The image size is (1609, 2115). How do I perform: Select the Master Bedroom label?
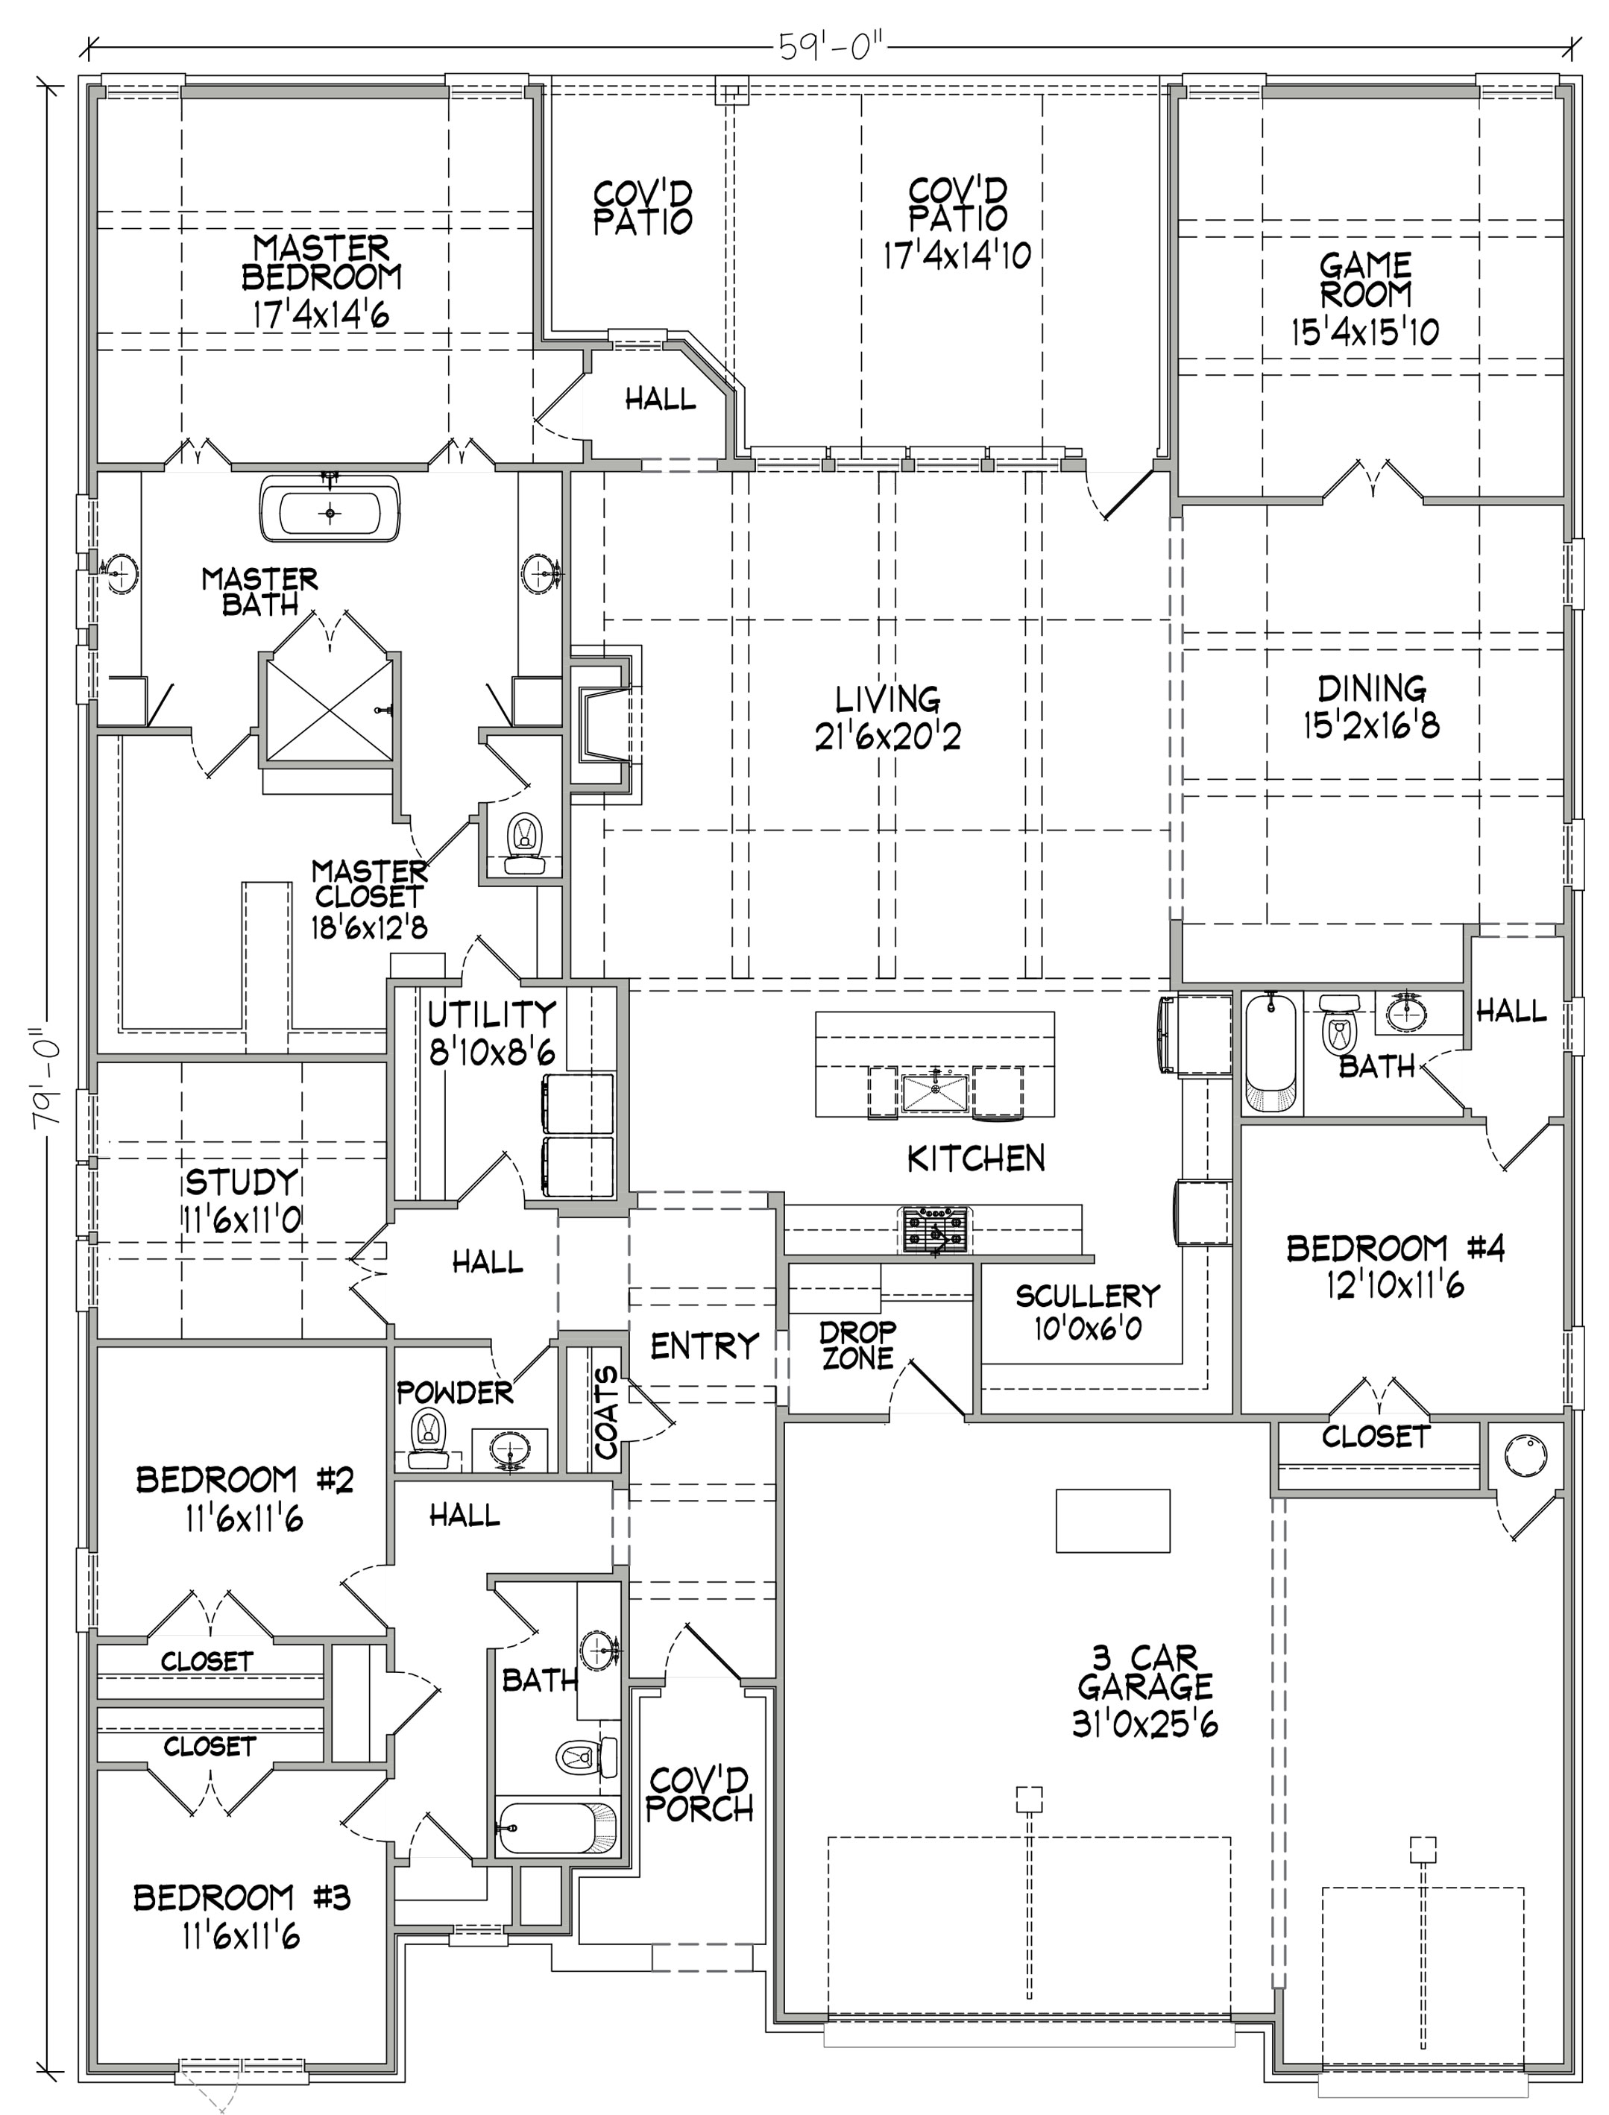(x=322, y=262)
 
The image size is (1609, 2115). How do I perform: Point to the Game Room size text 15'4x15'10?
(x=1364, y=332)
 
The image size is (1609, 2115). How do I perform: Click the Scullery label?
(x=1088, y=1296)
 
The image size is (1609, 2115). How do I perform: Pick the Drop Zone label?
(x=858, y=1344)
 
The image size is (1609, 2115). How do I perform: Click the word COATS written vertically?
(x=607, y=1414)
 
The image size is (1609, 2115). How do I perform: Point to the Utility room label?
(x=491, y=1013)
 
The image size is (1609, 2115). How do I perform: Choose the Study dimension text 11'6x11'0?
(x=242, y=1220)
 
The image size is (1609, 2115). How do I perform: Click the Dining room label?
(x=1371, y=688)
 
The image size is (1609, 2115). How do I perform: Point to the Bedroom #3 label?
(x=242, y=1897)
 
